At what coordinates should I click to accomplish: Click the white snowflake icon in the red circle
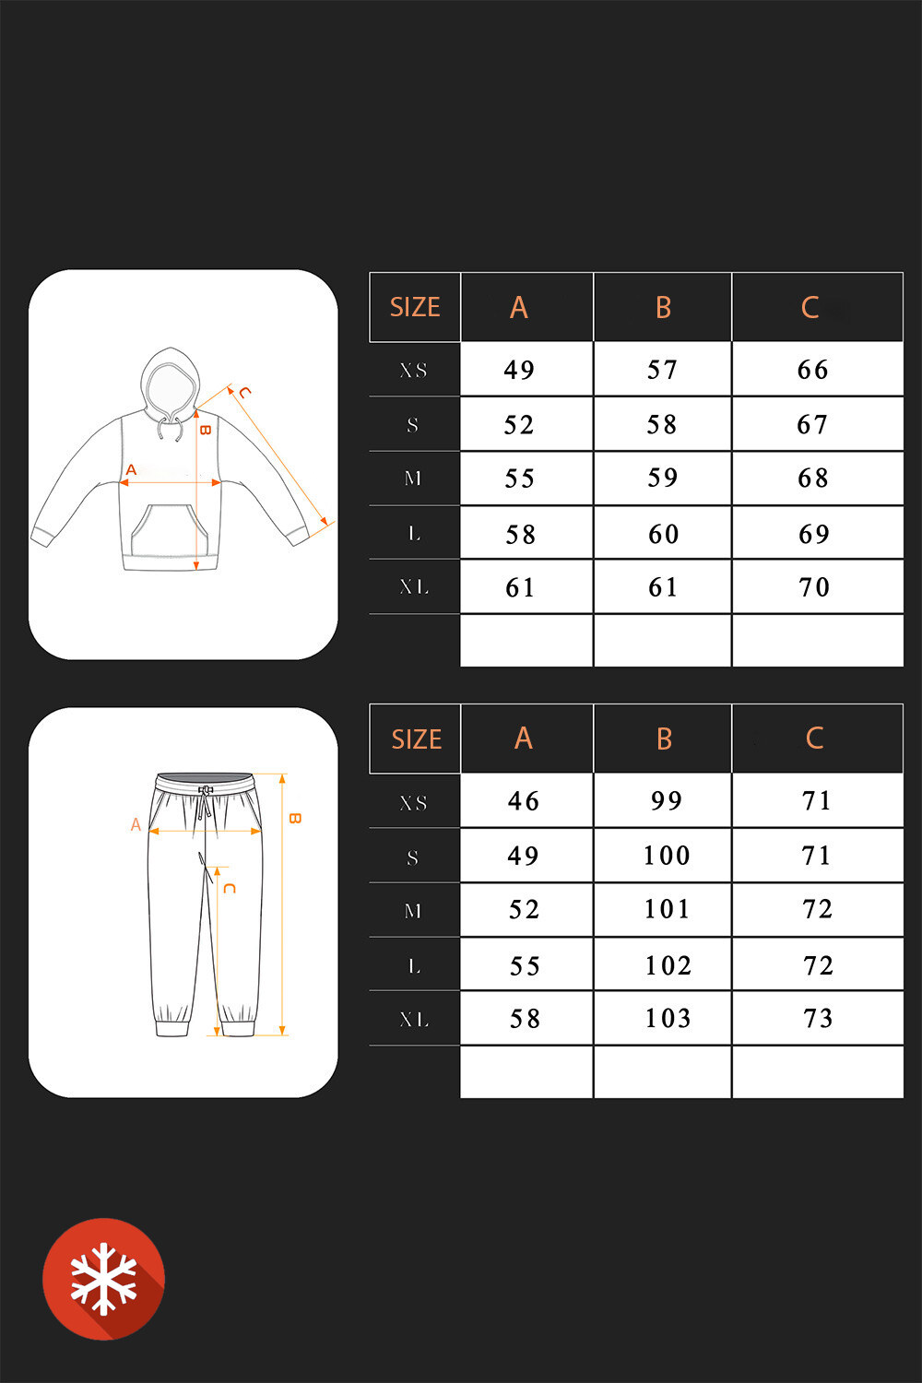tap(103, 1279)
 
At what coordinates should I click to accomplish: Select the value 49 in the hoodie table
tap(519, 370)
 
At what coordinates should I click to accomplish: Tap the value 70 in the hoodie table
tap(814, 587)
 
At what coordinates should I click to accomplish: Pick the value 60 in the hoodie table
tap(663, 534)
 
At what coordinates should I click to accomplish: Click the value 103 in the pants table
tap(668, 1018)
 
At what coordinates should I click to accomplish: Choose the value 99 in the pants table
tap(667, 801)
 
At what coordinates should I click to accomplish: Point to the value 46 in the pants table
tap(523, 801)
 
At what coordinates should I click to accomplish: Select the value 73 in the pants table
tap(818, 1018)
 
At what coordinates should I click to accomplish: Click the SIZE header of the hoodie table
tap(415, 307)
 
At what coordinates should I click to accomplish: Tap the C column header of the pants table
tap(814, 738)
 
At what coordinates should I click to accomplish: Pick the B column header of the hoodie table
tap(663, 307)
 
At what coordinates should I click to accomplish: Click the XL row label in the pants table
tap(414, 1019)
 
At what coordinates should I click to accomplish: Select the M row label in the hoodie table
tap(412, 478)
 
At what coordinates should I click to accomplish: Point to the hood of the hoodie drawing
tap(170, 381)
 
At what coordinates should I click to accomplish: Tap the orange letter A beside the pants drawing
tap(136, 824)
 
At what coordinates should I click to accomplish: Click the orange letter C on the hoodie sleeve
tap(244, 392)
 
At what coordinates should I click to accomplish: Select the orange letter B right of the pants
tap(295, 818)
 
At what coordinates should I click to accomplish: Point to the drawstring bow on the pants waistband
tap(205, 790)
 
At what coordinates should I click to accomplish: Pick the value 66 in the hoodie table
tap(812, 370)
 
